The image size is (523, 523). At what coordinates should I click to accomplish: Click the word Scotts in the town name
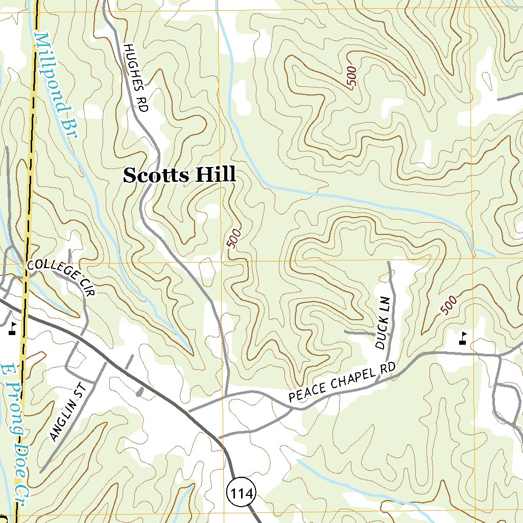[x=155, y=175]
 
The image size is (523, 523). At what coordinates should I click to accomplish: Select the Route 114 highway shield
[x=239, y=493]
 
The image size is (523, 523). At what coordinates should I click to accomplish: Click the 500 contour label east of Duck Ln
[x=448, y=305]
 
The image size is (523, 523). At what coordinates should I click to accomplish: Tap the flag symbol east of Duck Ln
[x=463, y=338]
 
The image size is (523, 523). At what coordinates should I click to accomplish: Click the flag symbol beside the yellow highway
[x=12, y=328]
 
